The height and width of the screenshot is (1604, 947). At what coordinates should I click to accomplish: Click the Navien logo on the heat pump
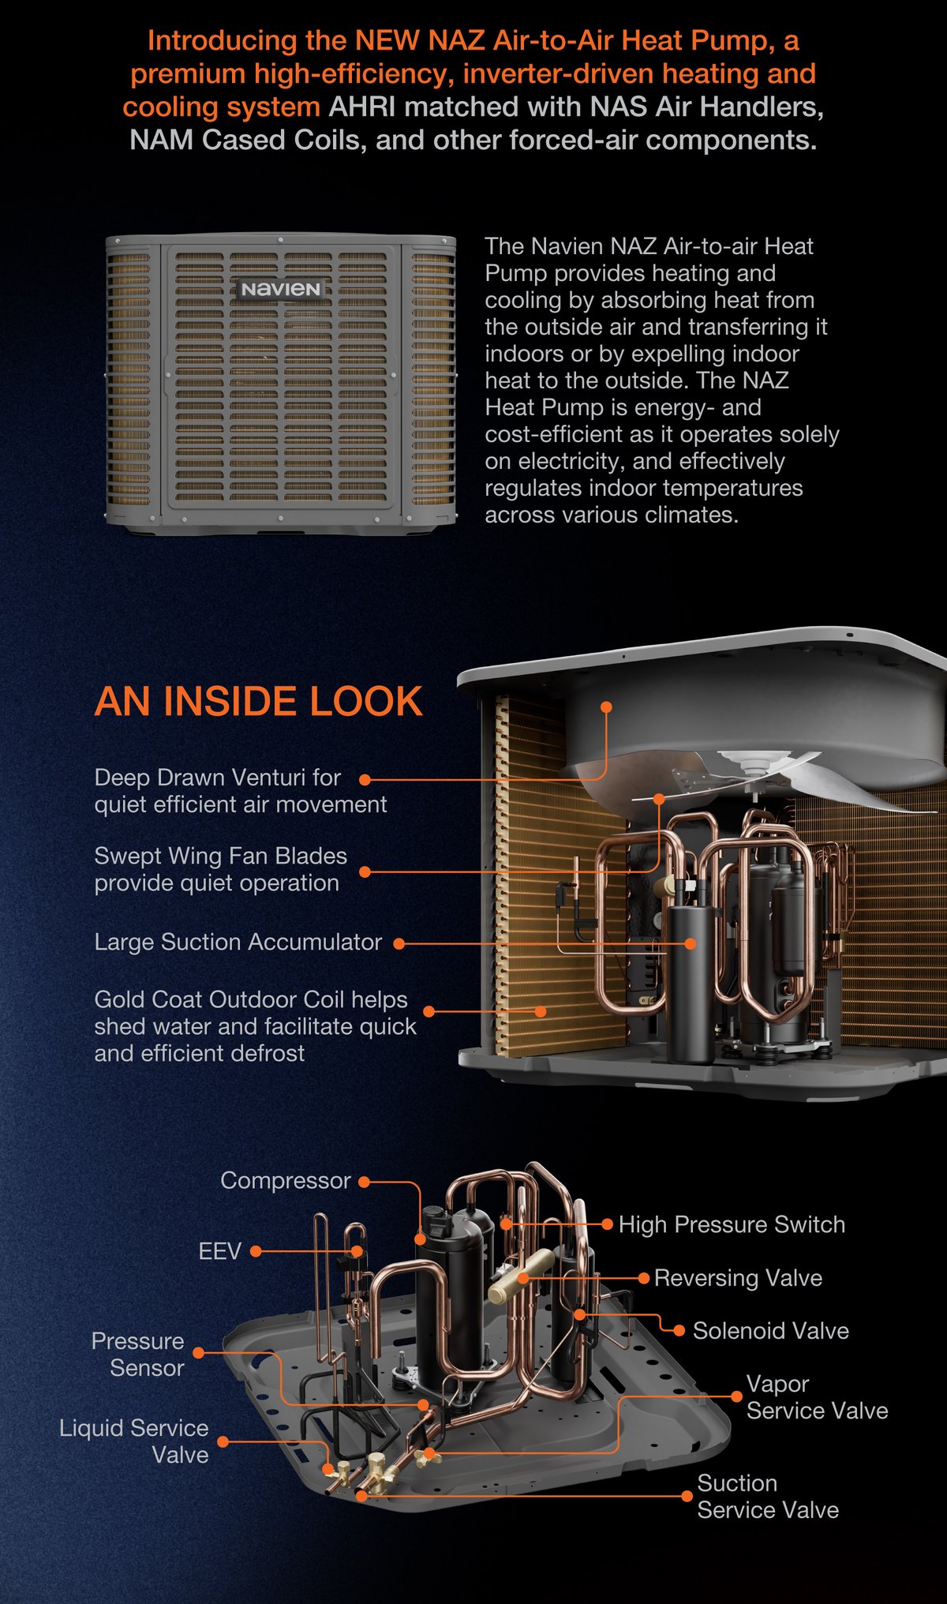281,289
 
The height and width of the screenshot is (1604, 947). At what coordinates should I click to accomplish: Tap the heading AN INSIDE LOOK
259,701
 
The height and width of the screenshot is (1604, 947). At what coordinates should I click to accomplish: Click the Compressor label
286,1180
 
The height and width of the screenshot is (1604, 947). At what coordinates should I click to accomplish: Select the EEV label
219,1251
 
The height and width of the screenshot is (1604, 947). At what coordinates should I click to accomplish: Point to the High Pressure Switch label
732,1224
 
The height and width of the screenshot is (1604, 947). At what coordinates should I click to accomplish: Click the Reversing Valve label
738,1278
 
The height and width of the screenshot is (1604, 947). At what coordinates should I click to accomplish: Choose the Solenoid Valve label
771,1331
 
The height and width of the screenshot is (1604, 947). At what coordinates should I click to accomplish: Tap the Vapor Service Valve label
818,1397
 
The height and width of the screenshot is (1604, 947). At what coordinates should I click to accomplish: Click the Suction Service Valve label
768,1497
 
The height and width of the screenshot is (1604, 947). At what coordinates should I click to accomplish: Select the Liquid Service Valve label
134,1441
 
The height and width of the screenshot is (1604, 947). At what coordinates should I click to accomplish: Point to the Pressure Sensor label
138,1355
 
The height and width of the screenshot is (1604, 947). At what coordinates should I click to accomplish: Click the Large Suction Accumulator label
238,942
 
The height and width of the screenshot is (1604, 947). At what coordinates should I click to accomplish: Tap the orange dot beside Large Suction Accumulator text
399,943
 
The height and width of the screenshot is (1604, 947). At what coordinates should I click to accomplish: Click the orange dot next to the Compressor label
364,1182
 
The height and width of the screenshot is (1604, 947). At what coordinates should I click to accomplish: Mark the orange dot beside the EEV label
256,1251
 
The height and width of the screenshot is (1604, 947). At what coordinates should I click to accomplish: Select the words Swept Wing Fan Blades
221,856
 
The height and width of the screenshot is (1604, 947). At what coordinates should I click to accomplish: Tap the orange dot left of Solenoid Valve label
679,1331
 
